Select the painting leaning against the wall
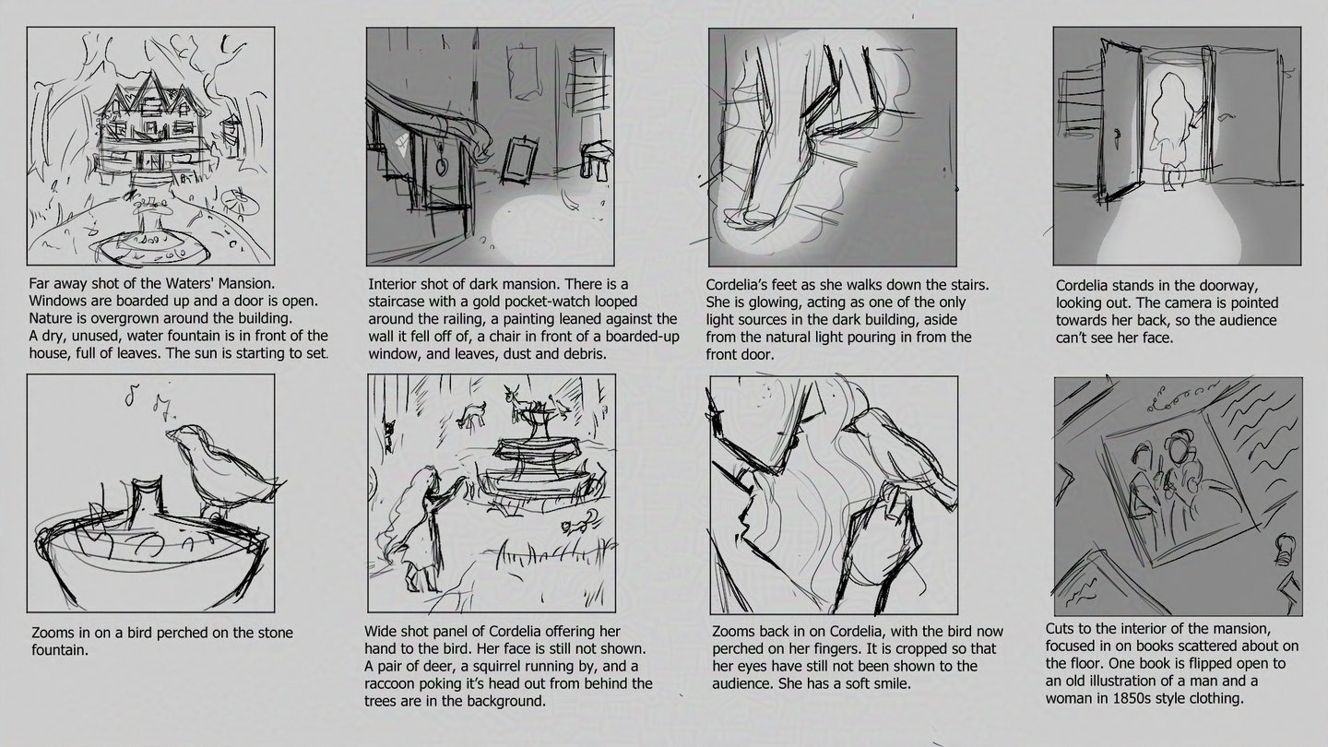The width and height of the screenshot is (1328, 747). point(517,160)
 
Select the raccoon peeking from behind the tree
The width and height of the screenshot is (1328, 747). point(390,434)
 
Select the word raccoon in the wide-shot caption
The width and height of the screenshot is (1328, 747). point(391,684)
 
